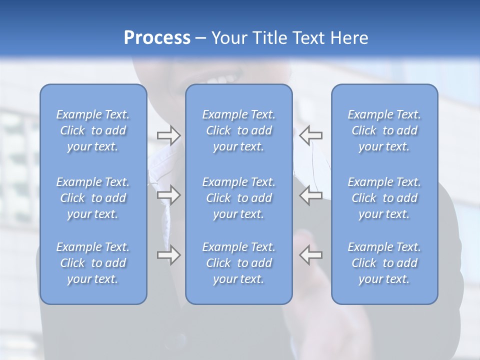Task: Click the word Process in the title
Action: pos(157,38)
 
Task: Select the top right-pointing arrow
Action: pos(168,135)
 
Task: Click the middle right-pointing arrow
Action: pos(168,195)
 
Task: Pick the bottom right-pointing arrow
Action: pos(168,255)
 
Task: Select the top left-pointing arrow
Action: pos(311,135)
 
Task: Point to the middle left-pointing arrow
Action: pos(311,195)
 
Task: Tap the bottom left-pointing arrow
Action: pos(311,255)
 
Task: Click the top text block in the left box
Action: pos(93,130)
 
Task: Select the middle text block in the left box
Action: pos(93,198)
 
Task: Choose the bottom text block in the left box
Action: pos(93,263)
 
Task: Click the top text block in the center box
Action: pos(239,130)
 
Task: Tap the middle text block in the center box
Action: pos(239,198)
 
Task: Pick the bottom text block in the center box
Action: pos(239,263)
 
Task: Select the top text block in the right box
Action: pos(384,130)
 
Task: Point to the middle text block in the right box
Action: pos(384,198)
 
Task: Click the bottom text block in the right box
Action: pos(384,263)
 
